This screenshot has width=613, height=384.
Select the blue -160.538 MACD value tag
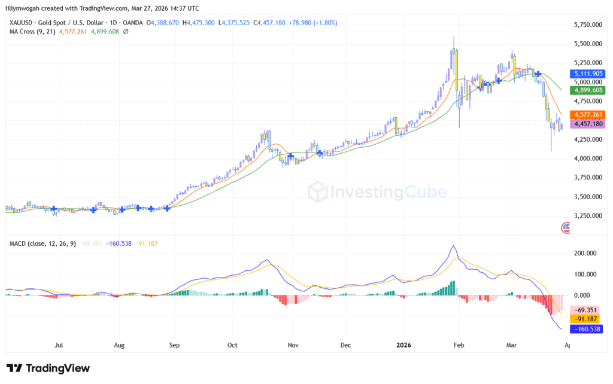(587, 328)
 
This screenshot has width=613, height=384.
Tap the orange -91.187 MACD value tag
(587, 319)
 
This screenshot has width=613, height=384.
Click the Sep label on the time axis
(174, 345)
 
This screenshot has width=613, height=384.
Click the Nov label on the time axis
(293, 345)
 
